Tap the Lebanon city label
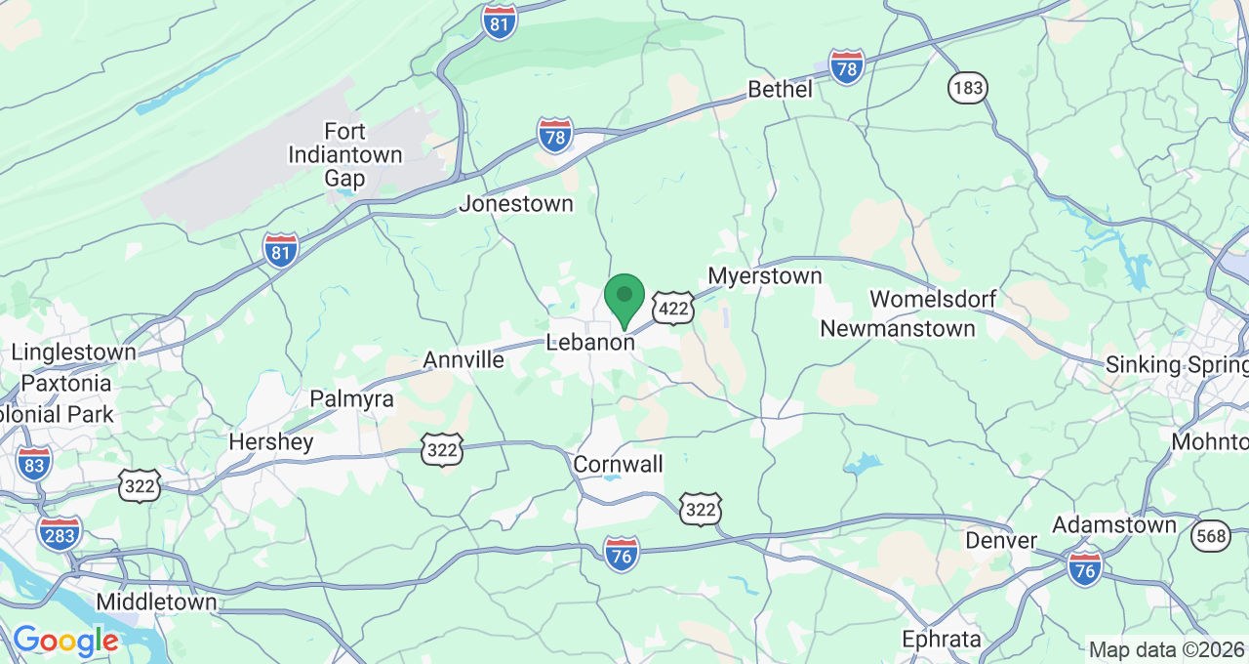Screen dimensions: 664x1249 [x=590, y=343]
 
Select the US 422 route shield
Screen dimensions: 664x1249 [x=673, y=308]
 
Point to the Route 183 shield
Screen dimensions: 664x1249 [x=967, y=88]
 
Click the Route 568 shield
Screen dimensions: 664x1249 [x=1210, y=534]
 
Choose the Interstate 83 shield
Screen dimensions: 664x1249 [x=34, y=463]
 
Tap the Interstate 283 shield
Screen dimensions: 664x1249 [x=60, y=532]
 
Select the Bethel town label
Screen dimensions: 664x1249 [x=780, y=90]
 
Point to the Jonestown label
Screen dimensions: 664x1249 [x=516, y=204]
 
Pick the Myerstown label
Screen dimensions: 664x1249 [x=765, y=276]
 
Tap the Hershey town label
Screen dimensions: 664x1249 [x=271, y=442]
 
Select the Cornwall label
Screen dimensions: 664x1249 [x=619, y=464]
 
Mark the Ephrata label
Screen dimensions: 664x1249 [x=941, y=640]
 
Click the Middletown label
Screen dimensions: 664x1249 [x=156, y=602]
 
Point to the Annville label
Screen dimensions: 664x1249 [x=463, y=360]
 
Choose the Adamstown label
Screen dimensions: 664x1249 [x=1114, y=525]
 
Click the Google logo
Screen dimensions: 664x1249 [x=65, y=641]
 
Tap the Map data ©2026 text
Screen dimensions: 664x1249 [x=1166, y=650]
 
